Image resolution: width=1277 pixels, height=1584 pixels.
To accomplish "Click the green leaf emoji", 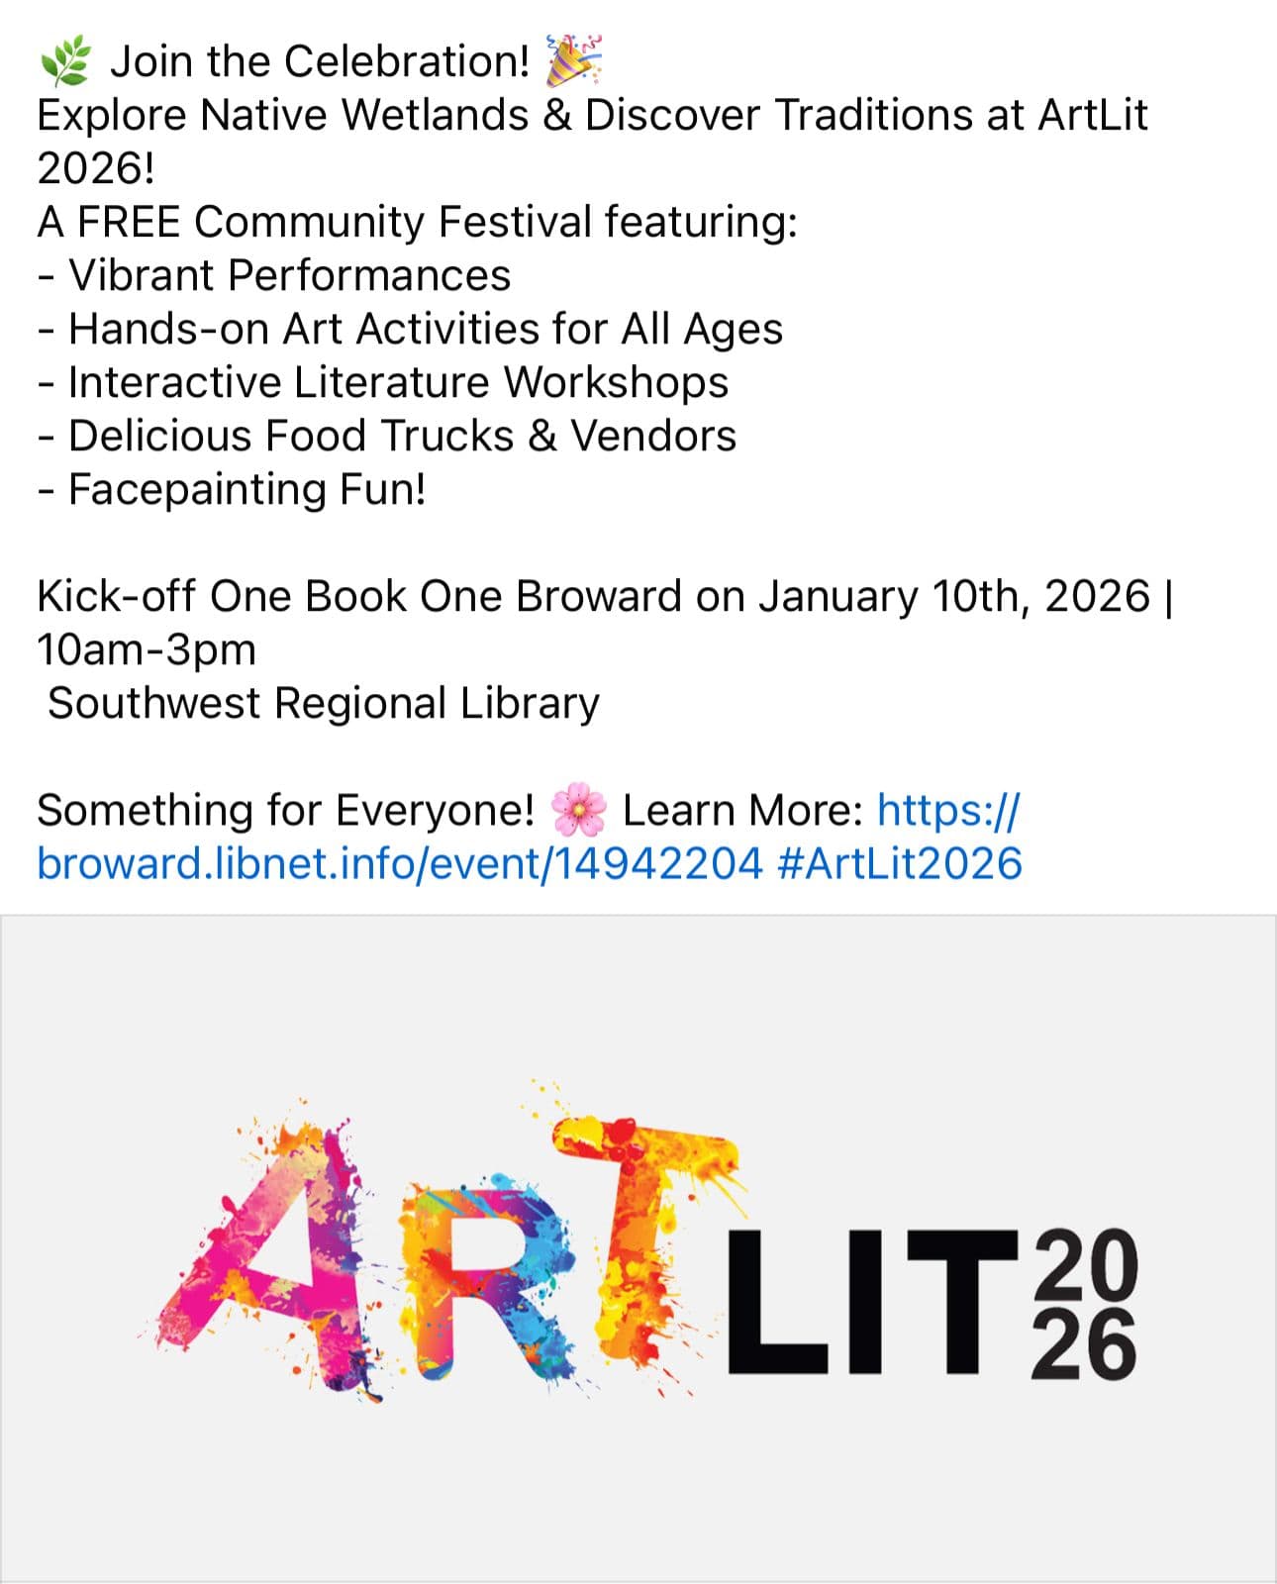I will click(x=64, y=61).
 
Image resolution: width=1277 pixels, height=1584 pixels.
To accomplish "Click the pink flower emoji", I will click(x=578, y=811).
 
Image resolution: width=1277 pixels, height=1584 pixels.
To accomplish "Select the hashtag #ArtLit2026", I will click(x=900, y=863).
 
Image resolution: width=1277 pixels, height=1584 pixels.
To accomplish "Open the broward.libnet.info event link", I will click(x=400, y=863).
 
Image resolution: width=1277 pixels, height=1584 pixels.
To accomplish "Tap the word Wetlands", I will click(x=436, y=115).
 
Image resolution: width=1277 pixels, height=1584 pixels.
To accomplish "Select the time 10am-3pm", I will click(x=147, y=649).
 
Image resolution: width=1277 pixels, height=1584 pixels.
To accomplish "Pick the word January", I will click(x=838, y=596).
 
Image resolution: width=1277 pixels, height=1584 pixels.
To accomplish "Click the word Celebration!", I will click(x=406, y=61).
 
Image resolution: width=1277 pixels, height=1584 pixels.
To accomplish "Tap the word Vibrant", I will click(x=142, y=275).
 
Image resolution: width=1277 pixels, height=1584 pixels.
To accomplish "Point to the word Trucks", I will click(x=446, y=436).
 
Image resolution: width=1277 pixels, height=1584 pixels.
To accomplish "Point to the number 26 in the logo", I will click(x=1084, y=1346).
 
